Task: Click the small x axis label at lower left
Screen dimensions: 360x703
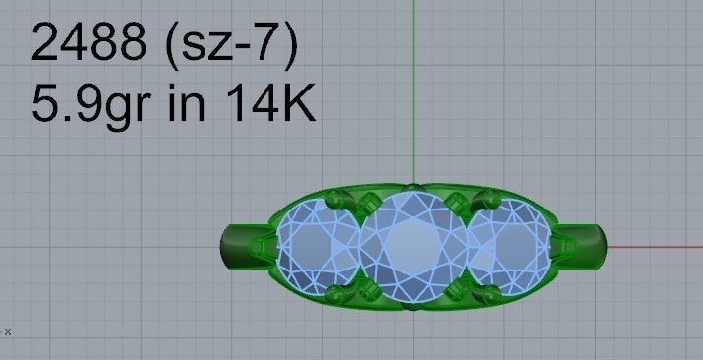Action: click(8, 331)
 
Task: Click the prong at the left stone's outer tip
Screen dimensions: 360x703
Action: click(262, 246)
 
